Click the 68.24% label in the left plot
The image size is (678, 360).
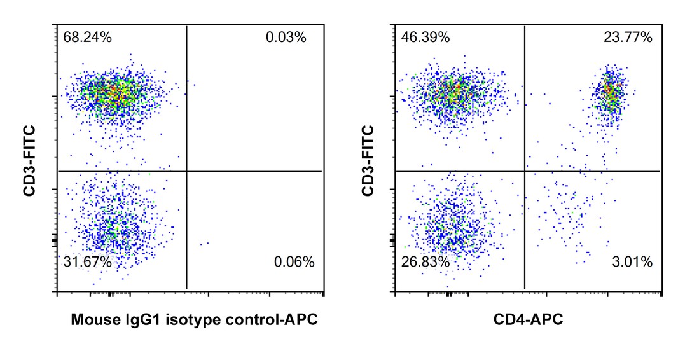coord(88,37)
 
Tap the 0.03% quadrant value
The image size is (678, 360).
coord(286,37)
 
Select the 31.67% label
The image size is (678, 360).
coord(88,261)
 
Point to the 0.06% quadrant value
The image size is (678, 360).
coord(294,261)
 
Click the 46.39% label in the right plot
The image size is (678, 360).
coord(425,37)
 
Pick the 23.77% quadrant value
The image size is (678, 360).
coord(628,37)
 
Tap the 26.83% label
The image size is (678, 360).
coord(425,261)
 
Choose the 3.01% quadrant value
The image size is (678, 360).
coord(632,261)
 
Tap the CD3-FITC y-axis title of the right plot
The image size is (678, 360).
coord(368,159)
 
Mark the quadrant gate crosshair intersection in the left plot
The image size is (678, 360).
coord(186,171)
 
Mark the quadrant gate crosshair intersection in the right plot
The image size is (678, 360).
coord(525,171)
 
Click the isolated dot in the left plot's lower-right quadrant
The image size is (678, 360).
coord(204,244)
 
